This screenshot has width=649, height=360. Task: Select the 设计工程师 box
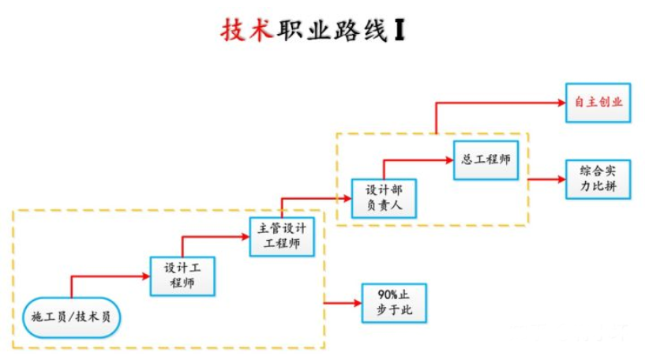(183, 276)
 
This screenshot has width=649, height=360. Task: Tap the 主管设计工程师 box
(282, 236)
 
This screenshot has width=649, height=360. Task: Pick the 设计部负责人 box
(384, 198)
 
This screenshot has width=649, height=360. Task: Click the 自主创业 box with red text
(598, 103)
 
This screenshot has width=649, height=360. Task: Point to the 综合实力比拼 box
(598, 179)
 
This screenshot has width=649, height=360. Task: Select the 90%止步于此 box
(393, 302)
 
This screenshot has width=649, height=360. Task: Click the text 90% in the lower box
(381, 295)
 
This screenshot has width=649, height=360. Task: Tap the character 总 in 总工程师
(467, 159)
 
